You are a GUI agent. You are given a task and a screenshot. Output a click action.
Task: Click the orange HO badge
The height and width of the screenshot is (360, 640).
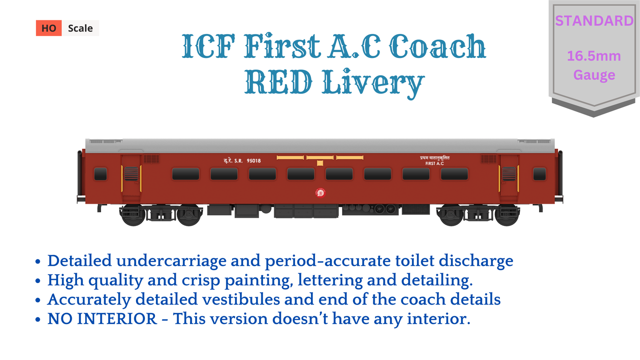[49, 28]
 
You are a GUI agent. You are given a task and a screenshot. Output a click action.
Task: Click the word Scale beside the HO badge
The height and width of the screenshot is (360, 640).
[80, 28]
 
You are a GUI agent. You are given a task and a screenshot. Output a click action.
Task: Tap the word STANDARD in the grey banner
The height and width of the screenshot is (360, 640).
[594, 21]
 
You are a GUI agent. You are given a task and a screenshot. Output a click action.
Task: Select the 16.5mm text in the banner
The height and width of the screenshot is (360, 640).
[594, 56]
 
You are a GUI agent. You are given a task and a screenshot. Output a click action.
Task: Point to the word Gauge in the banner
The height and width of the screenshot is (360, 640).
[594, 75]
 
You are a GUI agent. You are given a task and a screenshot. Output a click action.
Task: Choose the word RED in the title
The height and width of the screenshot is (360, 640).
[279, 82]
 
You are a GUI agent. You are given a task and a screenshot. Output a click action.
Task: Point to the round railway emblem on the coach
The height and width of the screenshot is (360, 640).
[320, 193]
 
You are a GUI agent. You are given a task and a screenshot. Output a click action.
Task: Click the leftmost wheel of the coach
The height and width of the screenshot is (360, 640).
[133, 215]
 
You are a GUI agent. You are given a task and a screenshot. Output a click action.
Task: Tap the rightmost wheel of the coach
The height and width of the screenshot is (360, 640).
[507, 215]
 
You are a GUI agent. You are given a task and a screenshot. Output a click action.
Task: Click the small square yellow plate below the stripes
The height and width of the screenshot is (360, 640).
[320, 163]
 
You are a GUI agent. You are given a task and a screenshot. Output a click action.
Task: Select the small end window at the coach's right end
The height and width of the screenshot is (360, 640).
[539, 174]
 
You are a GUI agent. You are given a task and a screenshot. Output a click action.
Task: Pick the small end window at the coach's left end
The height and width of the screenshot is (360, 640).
[101, 174]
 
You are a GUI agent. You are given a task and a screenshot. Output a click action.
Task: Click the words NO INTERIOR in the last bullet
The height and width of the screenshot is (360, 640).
[102, 319]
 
